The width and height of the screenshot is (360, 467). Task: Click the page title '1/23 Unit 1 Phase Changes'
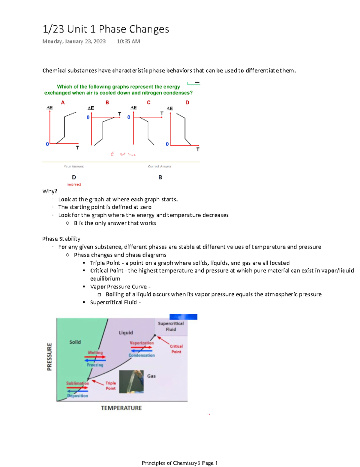tap(106, 29)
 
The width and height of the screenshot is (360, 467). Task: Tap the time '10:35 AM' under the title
tap(128, 41)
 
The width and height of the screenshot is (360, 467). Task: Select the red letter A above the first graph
tap(63, 103)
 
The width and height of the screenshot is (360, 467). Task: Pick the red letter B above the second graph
tap(107, 103)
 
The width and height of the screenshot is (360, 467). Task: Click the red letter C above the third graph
tap(148, 103)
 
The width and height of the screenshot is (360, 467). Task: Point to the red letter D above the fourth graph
tap(187, 103)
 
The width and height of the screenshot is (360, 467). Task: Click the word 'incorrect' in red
tap(74, 185)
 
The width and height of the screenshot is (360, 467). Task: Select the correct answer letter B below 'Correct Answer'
tap(160, 177)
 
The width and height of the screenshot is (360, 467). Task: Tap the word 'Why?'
tap(50, 191)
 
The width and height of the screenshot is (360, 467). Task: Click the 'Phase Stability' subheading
tap(61, 239)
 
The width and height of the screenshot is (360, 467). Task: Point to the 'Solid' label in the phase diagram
tap(75, 342)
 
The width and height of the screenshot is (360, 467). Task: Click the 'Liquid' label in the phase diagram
tap(126, 333)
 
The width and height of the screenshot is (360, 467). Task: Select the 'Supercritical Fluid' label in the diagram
tap(171, 327)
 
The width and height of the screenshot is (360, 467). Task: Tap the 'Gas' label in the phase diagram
tap(151, 376)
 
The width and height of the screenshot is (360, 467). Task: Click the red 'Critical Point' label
tap(176, 349)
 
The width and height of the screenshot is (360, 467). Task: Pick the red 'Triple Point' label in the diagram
tap(110, 386)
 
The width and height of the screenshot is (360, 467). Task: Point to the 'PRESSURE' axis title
tap(49, 357)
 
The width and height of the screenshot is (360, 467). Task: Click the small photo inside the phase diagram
tap(131, 382)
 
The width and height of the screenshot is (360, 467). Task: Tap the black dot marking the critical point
tap(155, 335)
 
